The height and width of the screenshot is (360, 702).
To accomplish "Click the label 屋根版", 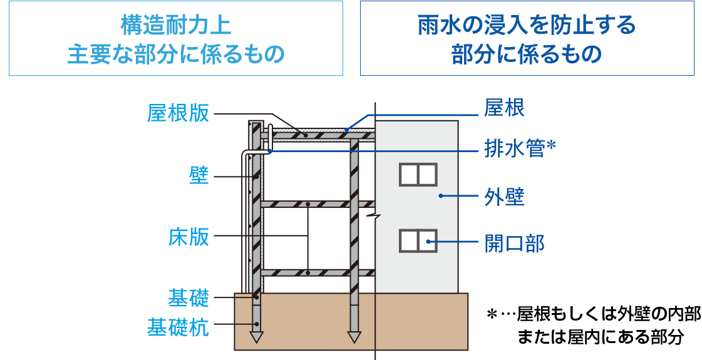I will pyautogui.click(x=178, y=113).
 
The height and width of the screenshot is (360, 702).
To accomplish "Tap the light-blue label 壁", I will pyautogui.click(x=199, y=177).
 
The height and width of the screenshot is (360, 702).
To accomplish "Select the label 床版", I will pyautogui.click(x=188, y=237).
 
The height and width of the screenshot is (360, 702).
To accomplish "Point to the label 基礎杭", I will pyautogui.click(x=178, y=326).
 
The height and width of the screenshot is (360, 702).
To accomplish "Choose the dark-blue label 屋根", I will pyautogui.click(x=504, y=108).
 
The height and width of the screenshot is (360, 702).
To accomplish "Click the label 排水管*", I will pyautogui.click(x=519, y=148).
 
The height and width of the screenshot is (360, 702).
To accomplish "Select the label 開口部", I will pyautogui.click(x=514, y=243).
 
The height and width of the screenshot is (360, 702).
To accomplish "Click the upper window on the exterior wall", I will pyautogui.click(x=418, y=174).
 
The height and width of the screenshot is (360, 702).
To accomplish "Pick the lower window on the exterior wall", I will pyautogui.click(x=418, y=240).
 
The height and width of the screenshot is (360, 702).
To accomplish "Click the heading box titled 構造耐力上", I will pyautogui.click(x=176, y=39).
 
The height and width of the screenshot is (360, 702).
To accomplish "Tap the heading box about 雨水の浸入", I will pyautogui.click(x=527, y=39).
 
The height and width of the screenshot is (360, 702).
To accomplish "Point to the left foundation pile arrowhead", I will pyautogui.click(x=256, y=337).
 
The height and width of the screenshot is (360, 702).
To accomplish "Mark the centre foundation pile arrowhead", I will pyautogui.click(x=354, y=337).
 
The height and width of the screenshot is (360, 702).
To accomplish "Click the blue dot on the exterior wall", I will pyautogui.click(x=441, y=196).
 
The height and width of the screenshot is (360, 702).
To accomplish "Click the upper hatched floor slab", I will pyautogui.click(x=317, y=204).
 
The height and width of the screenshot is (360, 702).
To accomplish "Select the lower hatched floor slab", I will pyautogui.click(x=317, y=272).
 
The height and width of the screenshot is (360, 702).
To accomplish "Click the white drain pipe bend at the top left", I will pyautogui.click(x=246, y=155).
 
